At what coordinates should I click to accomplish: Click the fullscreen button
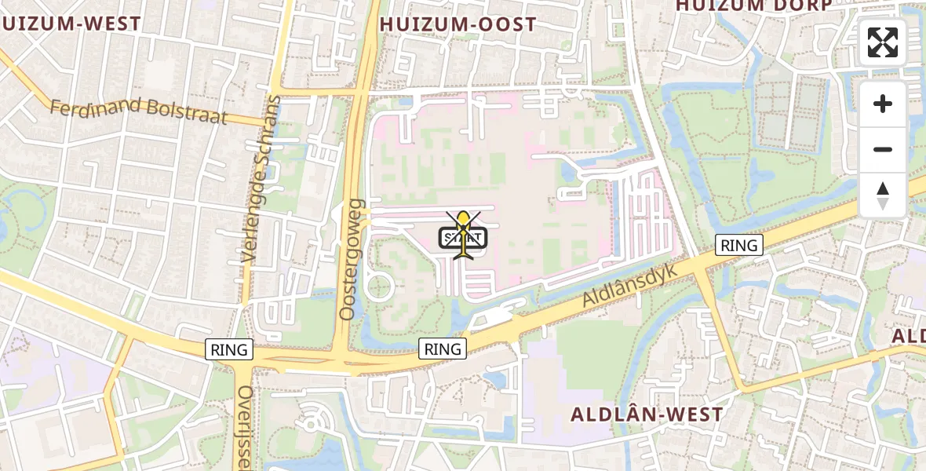point(883,42)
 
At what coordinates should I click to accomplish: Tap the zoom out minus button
point(883,149)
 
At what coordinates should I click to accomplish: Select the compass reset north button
point(883,195)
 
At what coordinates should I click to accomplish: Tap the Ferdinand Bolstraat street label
point(138,111)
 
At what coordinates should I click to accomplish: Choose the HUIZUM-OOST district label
point(458,24)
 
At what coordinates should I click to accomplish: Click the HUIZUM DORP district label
point(753,5)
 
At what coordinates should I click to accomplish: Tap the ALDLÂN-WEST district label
point(647,414)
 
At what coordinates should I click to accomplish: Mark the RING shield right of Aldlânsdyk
point(738,246)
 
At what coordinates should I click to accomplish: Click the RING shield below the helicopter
point(443,349)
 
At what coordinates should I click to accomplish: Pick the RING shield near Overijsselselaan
point(228,350)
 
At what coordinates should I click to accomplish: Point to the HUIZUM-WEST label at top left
point(71,24)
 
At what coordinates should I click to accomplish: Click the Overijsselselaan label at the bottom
point(246,427)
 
